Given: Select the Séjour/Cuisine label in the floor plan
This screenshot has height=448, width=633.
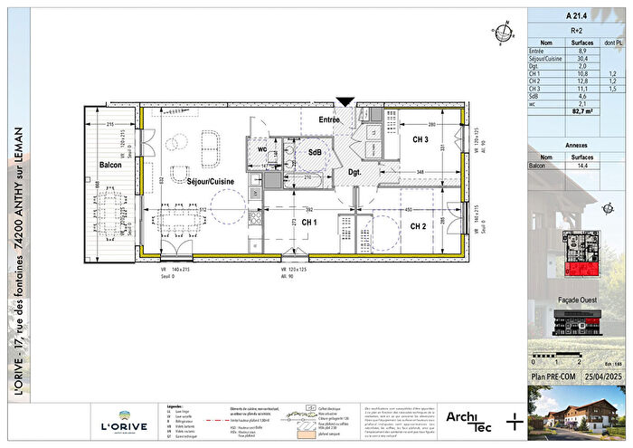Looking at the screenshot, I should (210, 182).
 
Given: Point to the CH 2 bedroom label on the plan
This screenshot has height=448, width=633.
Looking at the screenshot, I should (418, 226).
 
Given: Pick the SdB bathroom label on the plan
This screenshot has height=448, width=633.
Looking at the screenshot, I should (316, 153).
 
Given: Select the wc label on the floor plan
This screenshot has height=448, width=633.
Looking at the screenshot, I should (260, 148).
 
